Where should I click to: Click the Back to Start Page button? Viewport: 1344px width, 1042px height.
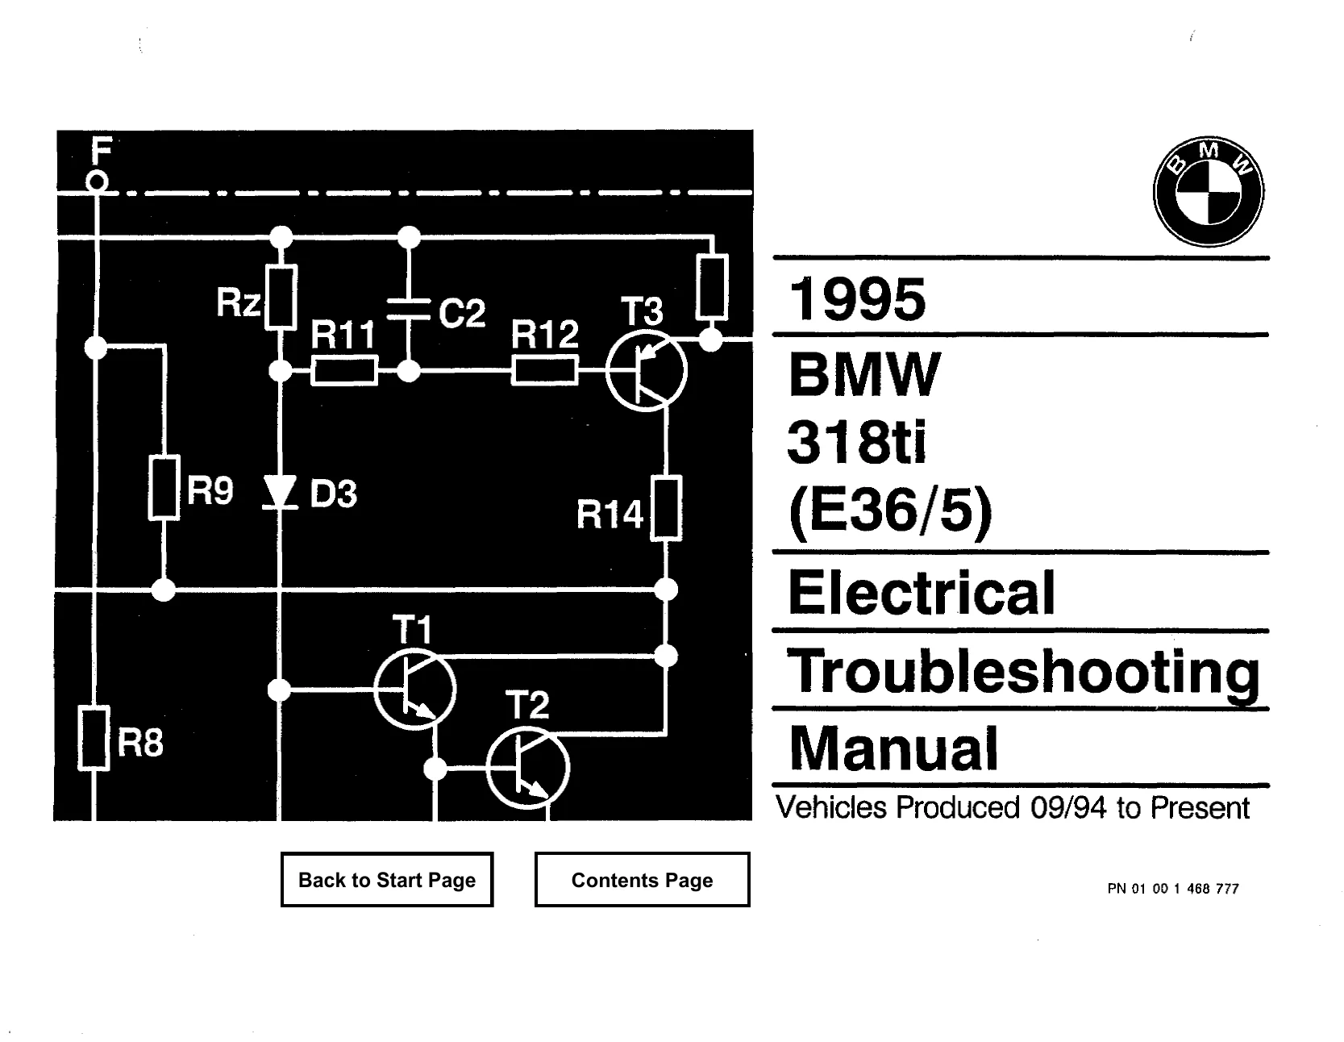point(387,879)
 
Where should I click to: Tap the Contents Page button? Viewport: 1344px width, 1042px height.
point(642,879)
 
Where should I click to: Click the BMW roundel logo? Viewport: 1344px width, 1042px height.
point(1209,191)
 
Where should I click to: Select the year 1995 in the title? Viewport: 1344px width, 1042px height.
point(858,299)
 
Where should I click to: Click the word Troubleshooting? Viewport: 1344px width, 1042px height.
point(1023,672)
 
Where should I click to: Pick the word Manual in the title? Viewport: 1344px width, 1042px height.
point(893,748)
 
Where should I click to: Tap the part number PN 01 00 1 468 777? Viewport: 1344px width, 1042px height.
point(1173,889)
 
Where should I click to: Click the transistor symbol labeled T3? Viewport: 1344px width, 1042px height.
point(646,371)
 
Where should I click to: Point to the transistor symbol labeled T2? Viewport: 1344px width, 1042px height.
point(528,767)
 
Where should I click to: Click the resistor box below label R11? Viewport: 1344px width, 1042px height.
point(344,371)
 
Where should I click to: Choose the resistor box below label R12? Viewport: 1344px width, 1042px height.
point(545,371)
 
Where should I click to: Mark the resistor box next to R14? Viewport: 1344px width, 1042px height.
point(666,508)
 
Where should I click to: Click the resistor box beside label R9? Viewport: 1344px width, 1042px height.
point(164,487)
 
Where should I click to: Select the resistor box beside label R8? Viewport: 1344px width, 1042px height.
point(94,738)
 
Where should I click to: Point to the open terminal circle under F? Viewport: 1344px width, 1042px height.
point(97,182)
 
